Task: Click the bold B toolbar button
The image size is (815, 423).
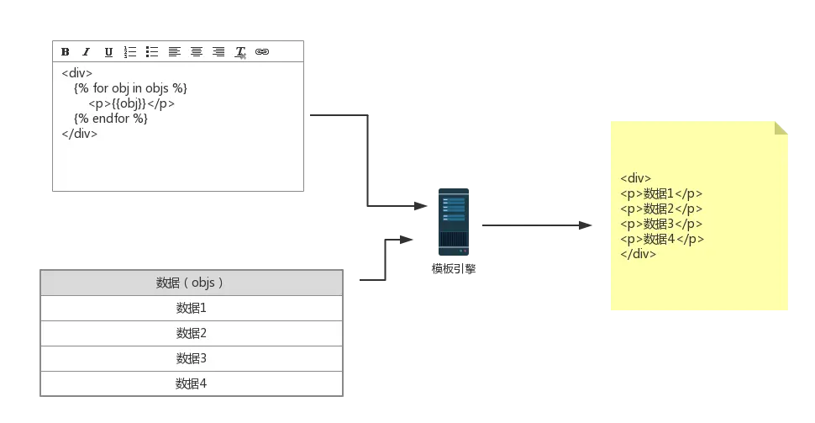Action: (x=65, y=52)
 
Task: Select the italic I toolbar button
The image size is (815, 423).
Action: (x=86, y=52)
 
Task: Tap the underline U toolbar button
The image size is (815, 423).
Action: (x=108, y=52)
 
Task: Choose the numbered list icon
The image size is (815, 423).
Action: (x=130, y=52)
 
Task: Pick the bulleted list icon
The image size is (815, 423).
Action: (x=152, y=52)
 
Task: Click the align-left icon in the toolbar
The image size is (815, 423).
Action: (x=174, y=52)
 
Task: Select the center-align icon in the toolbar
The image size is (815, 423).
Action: (x=196, y=52)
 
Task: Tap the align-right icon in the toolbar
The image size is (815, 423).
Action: (x=218, y=52)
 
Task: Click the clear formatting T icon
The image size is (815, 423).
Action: (x=240, y=52)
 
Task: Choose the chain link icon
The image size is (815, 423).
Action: (x=262, y=52)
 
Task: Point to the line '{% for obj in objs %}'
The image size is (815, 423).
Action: (x=130, y=88)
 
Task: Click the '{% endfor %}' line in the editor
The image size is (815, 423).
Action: (x=111, y=119)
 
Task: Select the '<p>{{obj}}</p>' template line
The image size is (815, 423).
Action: (x=131, y=103)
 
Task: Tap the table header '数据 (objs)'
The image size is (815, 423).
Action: (x=191, y=283)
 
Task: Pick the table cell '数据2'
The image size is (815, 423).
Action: (x=192, y=333)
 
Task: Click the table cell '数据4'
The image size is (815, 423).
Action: (x=192, y=383)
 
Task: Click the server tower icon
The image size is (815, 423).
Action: (x=454, y=223)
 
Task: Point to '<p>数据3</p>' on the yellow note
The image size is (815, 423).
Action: (x=661, y=224)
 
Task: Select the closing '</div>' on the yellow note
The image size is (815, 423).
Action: (x=639, y=254)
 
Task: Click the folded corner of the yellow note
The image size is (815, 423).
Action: (x=783, y=129)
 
